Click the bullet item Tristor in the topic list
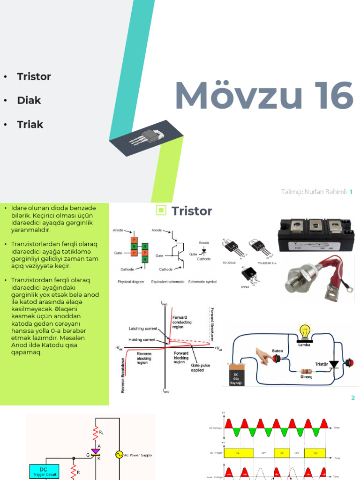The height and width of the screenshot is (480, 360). click(x=34, y=76)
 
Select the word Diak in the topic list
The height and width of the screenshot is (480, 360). click(x=29, y=100)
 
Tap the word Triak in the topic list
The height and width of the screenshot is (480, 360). click(x=30, y=124)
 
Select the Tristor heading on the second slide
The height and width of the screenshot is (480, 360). click(x=192, y=211)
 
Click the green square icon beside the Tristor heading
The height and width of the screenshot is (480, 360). click(x=161, y=210)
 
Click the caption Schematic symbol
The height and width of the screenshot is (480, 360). click(x=203, y=282)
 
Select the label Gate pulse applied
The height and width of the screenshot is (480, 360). click(x=201, y=367)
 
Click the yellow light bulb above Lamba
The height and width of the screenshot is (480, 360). click(x=305, y=331)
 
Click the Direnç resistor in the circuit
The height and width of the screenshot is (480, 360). click(x=307, y=369)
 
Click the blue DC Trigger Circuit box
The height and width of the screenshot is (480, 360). click(x=44, y=472)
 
